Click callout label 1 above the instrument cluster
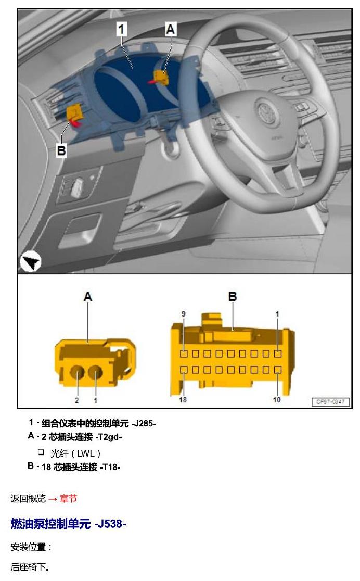point(122,29)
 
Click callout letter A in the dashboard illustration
point(170,29)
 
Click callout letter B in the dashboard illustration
point(61,150)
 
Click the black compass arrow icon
point(30,261)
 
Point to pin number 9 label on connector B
point(183,314)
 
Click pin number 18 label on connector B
point(183,400)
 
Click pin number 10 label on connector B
point(277,400)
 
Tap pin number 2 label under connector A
point(77,400)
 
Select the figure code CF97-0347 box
point(331,402)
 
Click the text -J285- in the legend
point(144,423)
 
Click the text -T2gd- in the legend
point(109,437)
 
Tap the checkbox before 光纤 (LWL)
point(41,452)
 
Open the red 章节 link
point(68,499)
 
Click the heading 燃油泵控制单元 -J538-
point(68,524)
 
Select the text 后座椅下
point(28,567)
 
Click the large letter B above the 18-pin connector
point(233,296)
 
